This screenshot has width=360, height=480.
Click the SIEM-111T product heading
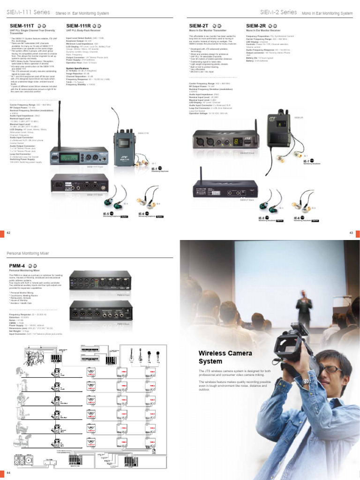coord(22,26)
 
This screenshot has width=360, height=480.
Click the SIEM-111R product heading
coord(79,26)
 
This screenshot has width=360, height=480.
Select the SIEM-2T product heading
coord(199,26)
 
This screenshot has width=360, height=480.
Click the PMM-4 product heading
coord(17,266)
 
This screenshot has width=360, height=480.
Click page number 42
coord(8,233)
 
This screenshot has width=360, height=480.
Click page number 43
coord(351,233)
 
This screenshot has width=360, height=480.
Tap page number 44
coord(8,472)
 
